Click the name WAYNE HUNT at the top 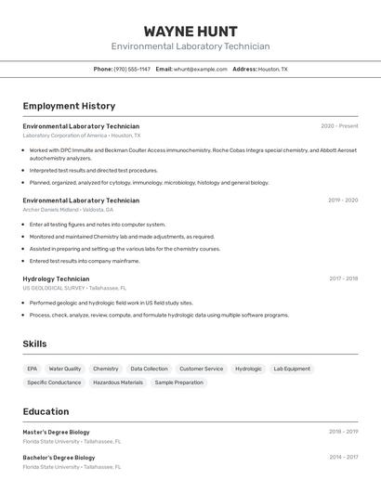pos(190,31)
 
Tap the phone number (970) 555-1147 pos(132,69)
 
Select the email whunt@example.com pos(201,69)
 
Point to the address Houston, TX pos(272,69)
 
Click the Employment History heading pos(69,106)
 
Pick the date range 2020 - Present pos(339,126)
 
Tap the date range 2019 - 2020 pos(342,201)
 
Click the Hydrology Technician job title pos(56,278)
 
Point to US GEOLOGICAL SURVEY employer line pos(74,288)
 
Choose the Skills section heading pos(34,343)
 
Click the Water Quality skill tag pos(65,369)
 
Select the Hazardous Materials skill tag pos(118,382)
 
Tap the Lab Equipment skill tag pos(292,369)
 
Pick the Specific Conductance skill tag pos(54,382)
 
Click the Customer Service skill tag pos(202,369)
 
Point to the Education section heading pos(46,411)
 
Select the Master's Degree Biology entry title pos(57,432)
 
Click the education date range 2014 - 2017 pos(343,458)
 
